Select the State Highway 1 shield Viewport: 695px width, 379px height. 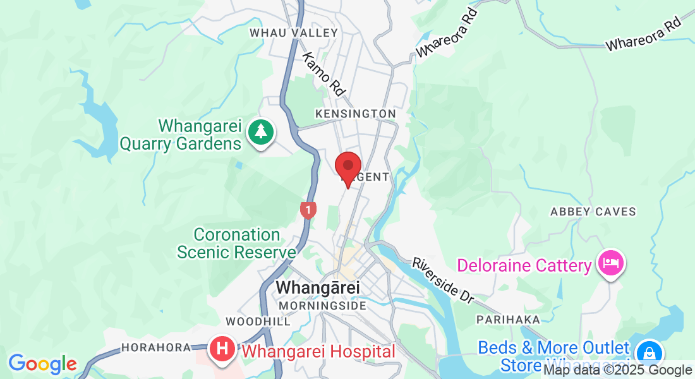(308, 209)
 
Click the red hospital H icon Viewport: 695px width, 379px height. (222, 349)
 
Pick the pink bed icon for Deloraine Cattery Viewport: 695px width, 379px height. (612, 262)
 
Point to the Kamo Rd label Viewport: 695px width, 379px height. (323, 74)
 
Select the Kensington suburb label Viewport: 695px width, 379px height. (355, 114)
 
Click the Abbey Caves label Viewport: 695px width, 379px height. (593, 212)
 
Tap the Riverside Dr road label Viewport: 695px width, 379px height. (443, 280)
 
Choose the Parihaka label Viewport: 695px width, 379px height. (508, 320)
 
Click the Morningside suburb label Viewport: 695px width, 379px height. (322, 306)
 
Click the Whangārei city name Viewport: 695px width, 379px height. (318, 288)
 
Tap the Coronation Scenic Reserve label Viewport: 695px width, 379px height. (236, 244)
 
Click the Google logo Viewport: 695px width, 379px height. (42, 364)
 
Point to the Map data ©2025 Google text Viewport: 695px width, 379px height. (617, 371)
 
